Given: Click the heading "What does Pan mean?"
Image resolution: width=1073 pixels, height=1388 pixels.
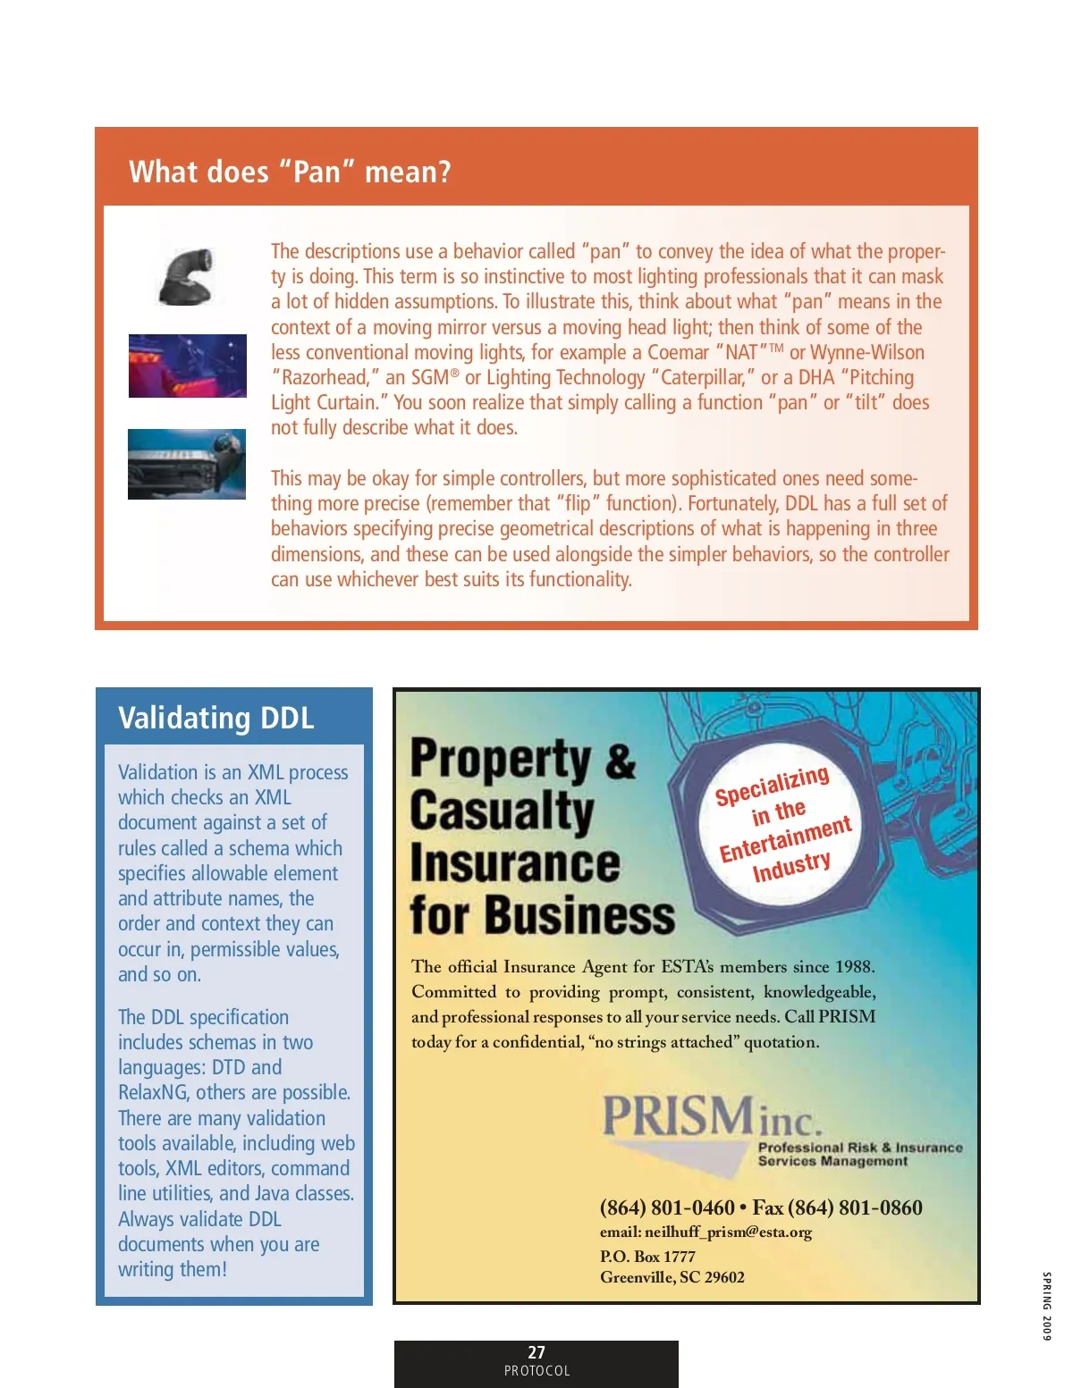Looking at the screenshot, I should (x=290, y=171).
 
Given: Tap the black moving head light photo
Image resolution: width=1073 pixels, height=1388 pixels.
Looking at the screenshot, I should (x=187, y=276).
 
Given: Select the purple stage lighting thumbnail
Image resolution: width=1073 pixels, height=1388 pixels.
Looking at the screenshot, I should (x=187, y=366).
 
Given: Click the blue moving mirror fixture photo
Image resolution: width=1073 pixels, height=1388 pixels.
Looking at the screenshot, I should (x=187, y=464).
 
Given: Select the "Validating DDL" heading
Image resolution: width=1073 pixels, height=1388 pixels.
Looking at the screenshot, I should (x=215, y=718).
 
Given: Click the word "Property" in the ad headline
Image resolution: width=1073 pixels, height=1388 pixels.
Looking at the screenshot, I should (x=501, y=760).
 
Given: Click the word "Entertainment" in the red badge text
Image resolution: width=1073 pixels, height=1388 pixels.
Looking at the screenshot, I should (x=785, y=839).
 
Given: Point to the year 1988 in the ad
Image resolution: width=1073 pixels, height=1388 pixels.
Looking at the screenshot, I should (x=854, y=966).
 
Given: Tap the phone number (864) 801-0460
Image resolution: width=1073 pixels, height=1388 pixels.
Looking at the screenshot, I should (x=667, y=1207).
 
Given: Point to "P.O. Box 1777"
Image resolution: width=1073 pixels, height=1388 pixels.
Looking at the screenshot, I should (x=647, y=1256).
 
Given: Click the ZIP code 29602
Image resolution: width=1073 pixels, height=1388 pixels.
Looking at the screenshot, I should (x=724, y=1277).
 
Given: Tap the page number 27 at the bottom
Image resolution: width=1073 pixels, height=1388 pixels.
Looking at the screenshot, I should (x=536, y=1352).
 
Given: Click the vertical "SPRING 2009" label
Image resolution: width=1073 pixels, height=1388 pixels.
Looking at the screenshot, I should (x=1046, y=1306).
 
